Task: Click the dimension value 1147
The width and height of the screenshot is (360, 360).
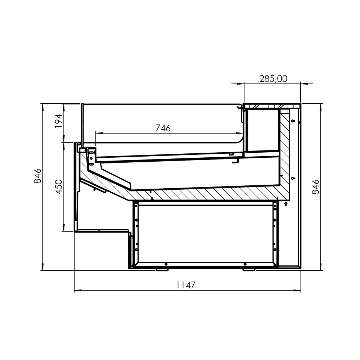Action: tap(185, 285)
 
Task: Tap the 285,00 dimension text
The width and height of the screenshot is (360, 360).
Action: tap(273, 79)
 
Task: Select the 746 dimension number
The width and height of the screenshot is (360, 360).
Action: tap(163, 128)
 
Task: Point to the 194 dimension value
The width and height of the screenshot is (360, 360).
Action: tap(59, 121)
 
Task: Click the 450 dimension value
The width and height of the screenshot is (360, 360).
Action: tap(59, 187)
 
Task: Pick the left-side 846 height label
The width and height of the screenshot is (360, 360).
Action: tap(37, 176)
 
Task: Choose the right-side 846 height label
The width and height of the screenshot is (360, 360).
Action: tap(316, 187)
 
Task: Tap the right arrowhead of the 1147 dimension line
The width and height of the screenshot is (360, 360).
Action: tap(298, 291)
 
